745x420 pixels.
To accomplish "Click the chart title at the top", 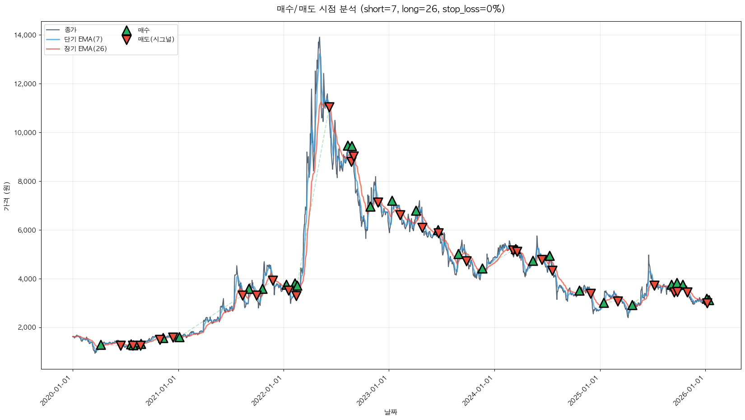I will click(391, 9).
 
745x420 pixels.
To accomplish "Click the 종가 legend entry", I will click(70, 30).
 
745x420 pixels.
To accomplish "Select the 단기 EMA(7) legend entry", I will click(83, 39).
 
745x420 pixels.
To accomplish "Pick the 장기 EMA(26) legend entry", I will click(85, 49).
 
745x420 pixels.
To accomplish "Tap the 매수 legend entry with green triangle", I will click(144, 30).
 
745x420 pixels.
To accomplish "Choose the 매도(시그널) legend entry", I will click(156, 39).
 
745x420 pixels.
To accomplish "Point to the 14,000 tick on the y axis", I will click(26, 35).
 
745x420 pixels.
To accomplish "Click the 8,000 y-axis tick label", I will click(28, 182).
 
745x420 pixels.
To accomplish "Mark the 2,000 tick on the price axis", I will click(28, 327).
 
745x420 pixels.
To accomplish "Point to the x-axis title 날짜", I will click(391, 412).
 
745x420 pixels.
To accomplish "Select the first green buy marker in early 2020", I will click(101, 345).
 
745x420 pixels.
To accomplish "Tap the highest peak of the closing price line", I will click(319, 37).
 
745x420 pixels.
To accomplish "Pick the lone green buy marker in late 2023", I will click(482, 269).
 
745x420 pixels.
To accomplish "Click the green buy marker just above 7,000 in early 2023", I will click(392, 201).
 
